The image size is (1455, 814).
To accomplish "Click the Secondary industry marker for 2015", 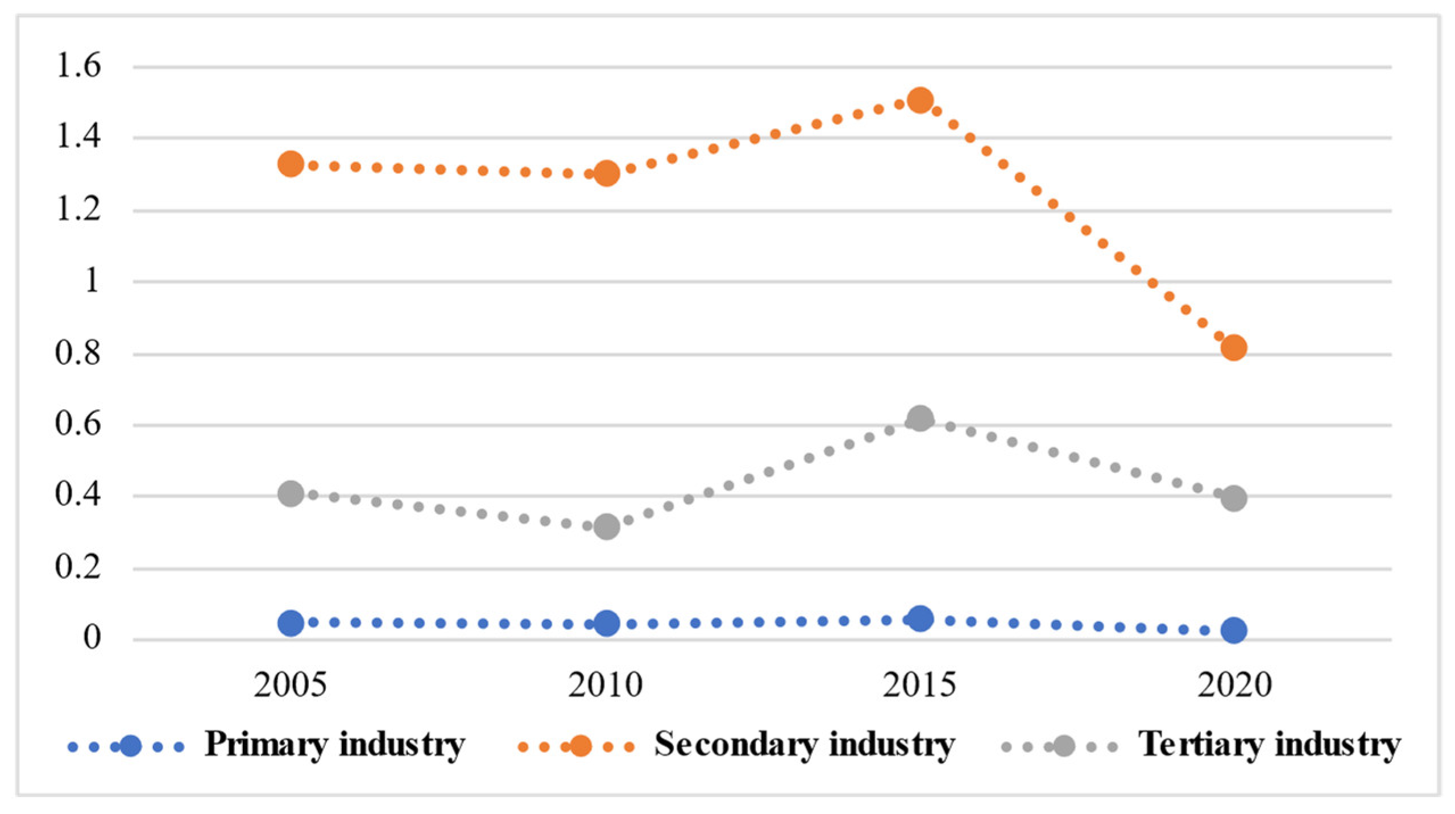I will pos(920,101).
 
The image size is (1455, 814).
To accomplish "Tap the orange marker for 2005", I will pos(291,164).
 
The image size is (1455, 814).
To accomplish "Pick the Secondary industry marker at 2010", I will pos(606,173).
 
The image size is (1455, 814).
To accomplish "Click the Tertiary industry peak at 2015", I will pos(920,419).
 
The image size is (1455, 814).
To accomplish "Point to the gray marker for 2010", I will pos(606,527).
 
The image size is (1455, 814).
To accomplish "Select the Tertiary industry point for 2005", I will pos(291,493).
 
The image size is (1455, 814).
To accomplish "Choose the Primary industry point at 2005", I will pos(291,623).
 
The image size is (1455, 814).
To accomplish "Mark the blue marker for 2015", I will pos(920,618).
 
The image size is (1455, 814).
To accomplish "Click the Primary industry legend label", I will pos(335,745).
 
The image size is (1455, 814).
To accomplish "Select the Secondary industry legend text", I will pos(804,745).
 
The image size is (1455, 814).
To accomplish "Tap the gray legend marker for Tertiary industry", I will pos(1064,746).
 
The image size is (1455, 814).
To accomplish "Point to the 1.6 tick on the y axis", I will pos(78,66).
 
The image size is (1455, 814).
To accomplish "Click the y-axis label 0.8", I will pos(78,353).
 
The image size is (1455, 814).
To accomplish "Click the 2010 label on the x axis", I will pos(605,685).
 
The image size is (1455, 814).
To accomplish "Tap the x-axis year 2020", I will pos(1234,685).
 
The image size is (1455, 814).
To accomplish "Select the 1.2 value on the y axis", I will pos(78,210).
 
